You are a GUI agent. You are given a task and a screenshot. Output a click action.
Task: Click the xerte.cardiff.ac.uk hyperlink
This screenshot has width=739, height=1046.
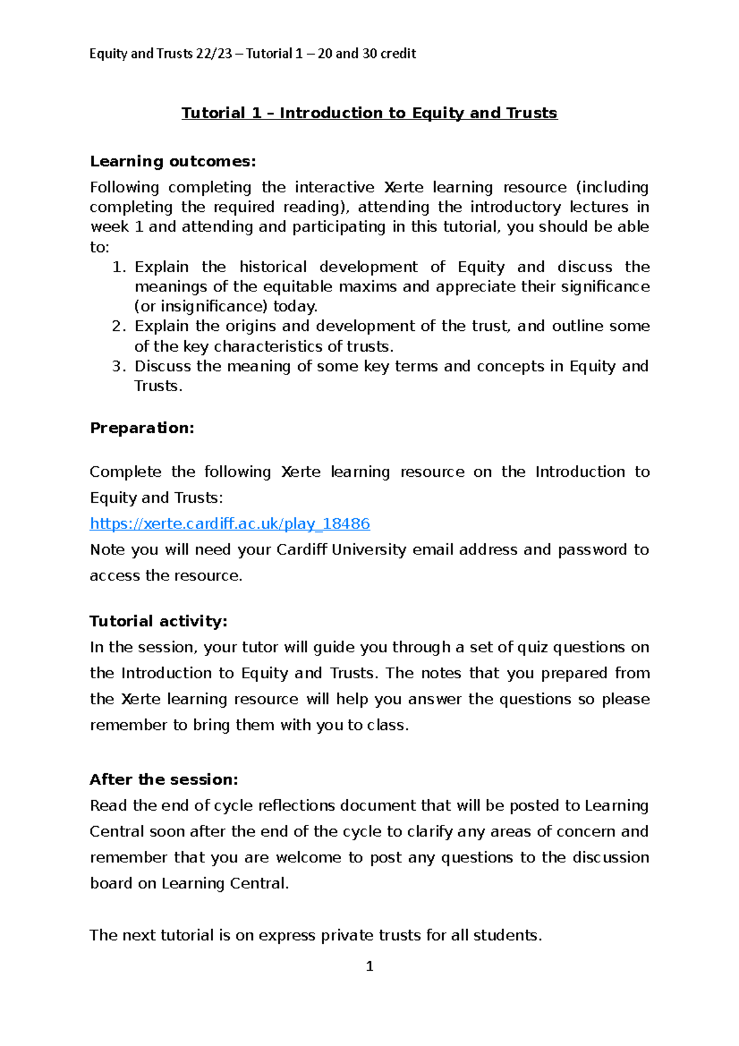click(230, 524)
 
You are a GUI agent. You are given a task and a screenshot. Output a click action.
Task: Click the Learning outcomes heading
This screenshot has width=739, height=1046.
click(172, 161)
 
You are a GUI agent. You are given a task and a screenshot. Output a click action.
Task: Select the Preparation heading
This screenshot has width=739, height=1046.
click(142, 428)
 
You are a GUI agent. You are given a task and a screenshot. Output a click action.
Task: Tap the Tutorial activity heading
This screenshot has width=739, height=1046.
click(158, 621)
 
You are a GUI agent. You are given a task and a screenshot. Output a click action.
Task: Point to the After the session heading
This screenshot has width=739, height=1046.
click(164, 779)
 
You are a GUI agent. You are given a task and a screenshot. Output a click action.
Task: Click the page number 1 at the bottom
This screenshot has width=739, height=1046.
click(369, 966)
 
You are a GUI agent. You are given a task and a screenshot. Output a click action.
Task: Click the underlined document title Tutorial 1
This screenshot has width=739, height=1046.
click(369, 113)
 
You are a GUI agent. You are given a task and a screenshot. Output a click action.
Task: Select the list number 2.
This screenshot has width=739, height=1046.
click(118, 326)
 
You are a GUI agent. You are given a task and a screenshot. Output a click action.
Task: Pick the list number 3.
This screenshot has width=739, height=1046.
click(118, 366)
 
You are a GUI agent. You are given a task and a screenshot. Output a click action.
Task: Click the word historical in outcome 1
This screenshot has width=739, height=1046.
click(273, 267)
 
